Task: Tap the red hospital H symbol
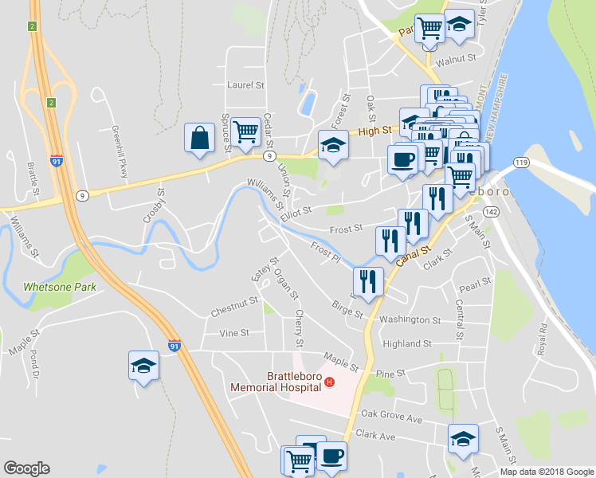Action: point(329,384)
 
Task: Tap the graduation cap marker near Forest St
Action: point(334,145)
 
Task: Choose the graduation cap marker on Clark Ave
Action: point(463,438)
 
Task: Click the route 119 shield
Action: point(521,163)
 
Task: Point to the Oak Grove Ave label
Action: point(391,414)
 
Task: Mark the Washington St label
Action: point(410,320)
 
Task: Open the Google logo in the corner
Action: point(26,468)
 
